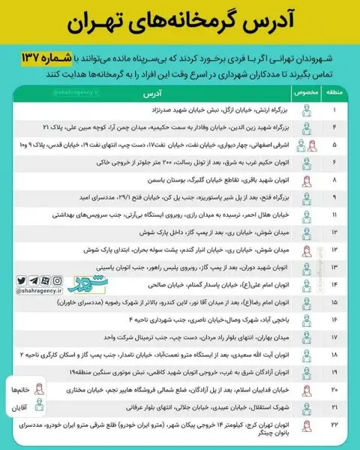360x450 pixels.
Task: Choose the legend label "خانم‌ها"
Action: (x=20, y=392)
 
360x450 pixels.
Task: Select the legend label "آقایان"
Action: (x=20, y=411)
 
